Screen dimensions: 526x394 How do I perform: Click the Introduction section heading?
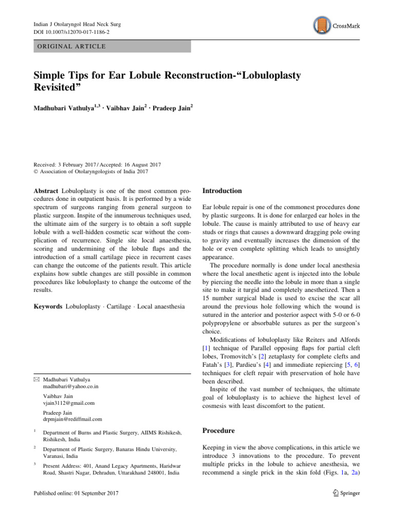pyautogui.click(x=222, y=191)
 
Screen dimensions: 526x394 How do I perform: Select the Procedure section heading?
pyautogui.click(x=220, y=430)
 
